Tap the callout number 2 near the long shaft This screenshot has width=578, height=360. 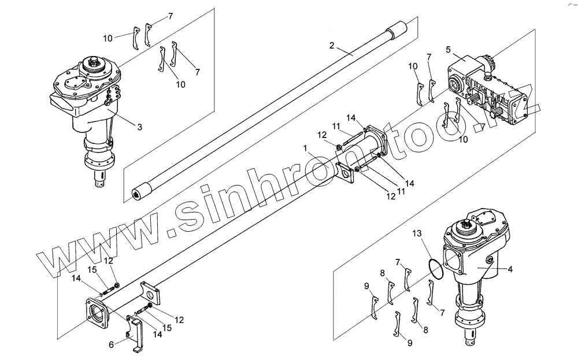(332, 45)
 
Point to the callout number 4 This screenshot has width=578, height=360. (510, 269)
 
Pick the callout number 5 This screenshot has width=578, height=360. (448, 50)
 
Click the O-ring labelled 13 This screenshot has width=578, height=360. (438, 269)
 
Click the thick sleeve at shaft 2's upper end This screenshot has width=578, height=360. (398, 29)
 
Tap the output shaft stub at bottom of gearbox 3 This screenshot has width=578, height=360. (101, 177)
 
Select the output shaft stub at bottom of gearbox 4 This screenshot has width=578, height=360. (473, 338)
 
